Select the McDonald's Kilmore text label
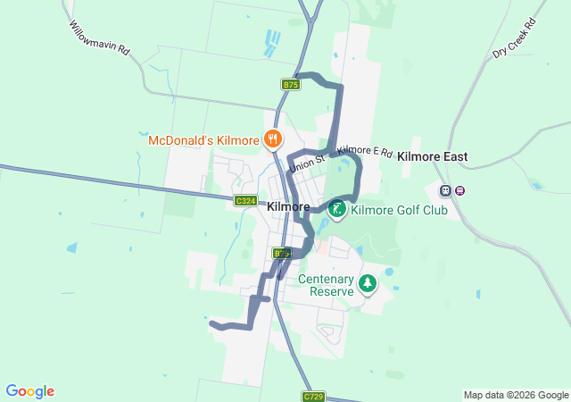(203, 140)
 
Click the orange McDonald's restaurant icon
(273, 139)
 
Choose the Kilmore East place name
(433, 156)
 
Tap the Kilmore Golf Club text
(399, 211)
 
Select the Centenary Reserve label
(327, 285)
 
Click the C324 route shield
(246, 201)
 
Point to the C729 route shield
(313, 396)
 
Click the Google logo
(29, 391)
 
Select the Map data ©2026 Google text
(515, 395)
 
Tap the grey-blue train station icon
(445, 190)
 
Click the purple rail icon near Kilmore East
(459, 190)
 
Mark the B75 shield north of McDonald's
(291, 84)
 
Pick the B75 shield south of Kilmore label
(282, 254)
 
